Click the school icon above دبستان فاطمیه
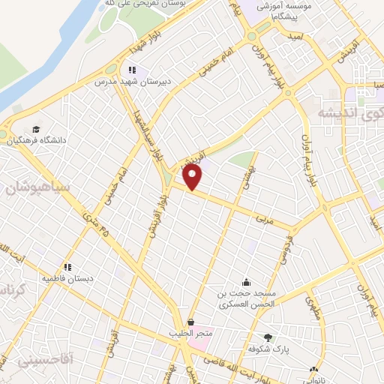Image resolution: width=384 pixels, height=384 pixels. tap(67, 266)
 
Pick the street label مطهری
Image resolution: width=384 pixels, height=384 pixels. tap(313, 307)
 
